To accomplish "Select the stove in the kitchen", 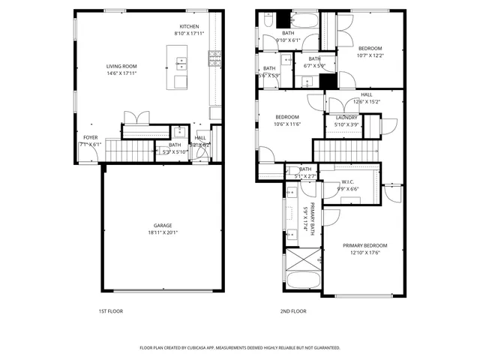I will tap(215, 55).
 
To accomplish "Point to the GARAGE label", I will tap(162, 225).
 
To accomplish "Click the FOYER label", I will tap(90, 137).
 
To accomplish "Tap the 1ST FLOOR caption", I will tap(110, 310).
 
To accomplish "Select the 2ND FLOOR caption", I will tap(293, 310).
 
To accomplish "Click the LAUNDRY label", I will tap(346, 118).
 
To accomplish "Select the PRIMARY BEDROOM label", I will tap(365, 245).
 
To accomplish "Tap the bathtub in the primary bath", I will tap(302, 285).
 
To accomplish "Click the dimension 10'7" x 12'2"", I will tap(369, 55).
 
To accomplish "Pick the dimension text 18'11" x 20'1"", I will tap(162, 232).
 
